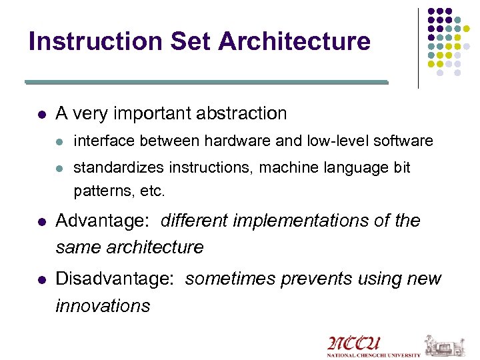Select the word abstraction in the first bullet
(x=241, y=113)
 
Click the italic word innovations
(x=103, y=306)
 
